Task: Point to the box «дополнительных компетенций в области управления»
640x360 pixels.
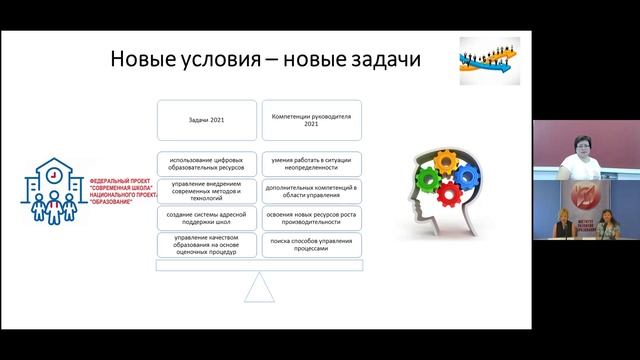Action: [310, 189]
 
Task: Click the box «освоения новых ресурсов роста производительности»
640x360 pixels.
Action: [310, 217]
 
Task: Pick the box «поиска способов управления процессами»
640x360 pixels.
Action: [310, 245]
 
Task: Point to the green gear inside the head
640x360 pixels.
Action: [428, 183]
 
